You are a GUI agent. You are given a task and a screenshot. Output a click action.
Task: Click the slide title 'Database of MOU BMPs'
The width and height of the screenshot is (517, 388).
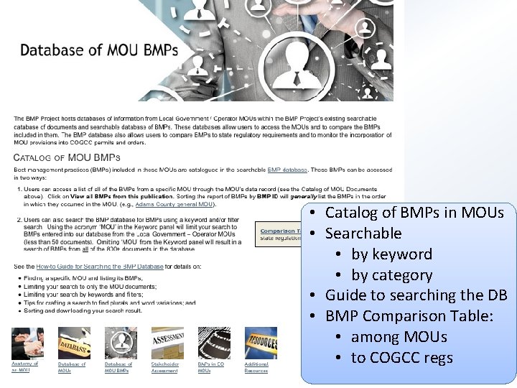click(x=99, y=50)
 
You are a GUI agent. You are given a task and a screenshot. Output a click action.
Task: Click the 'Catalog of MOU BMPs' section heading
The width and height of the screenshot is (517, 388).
click(x=67, y=157)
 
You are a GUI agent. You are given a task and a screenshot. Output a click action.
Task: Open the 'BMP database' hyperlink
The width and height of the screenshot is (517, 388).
click(x=287, y=170)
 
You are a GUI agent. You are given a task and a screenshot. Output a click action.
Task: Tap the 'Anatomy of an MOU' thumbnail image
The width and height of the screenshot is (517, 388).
click(x=27, y=342)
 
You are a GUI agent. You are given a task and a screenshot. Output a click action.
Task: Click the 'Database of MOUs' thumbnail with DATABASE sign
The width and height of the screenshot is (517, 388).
click(x=73, y=342)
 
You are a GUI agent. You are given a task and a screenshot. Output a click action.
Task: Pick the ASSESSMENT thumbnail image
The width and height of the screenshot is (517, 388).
click(x=167, y=342)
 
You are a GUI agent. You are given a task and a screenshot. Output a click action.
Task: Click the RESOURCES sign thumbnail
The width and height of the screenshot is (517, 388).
click(x=260, y=342)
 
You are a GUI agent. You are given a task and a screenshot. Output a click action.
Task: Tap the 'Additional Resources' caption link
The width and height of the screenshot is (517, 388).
click(x=256, y=367)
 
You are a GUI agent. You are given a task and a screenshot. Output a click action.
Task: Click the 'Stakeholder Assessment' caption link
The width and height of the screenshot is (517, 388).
click(x=165, y=367)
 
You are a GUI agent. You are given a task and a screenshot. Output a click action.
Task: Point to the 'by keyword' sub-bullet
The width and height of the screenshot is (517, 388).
click(x=391, y=254)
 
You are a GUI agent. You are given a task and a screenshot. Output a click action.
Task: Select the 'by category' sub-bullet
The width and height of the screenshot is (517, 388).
click(x=391, y=274)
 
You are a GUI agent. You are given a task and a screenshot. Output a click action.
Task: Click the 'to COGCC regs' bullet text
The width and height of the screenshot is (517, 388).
click(x=401, y=357)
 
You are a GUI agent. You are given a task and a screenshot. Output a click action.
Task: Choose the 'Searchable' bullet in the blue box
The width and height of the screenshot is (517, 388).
click(x=363, y=233)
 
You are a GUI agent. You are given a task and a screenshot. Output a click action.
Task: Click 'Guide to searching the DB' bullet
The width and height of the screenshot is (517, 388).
click(x=416, y=295)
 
